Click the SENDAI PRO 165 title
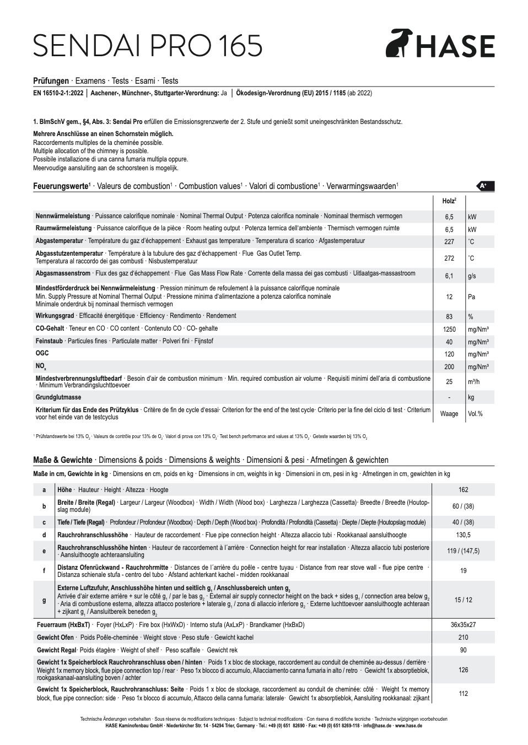(x=148, y=46)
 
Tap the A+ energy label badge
(x=485, y=186)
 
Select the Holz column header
(x=449, y=202)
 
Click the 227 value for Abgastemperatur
(x=449, y=242)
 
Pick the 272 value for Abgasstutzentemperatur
(x=449, y=258)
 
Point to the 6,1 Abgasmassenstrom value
(x=449, y=276)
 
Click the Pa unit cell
(x=472, y=297)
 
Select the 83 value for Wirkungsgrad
(x=449, y=317)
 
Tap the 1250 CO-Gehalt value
(x=449, y=330)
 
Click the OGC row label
(x=42, y=353)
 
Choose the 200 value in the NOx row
(x=449, y=367)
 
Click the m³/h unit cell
(x=475, y=382)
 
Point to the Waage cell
(x=449, y=414)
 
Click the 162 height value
(x=463, y=490)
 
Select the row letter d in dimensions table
(x=44, y=535)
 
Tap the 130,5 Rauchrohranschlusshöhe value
(x=463, y=535)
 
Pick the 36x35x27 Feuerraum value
(x=463, y=625)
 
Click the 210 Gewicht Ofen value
(x=463, y=638)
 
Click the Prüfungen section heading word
(x=51, y=81)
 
